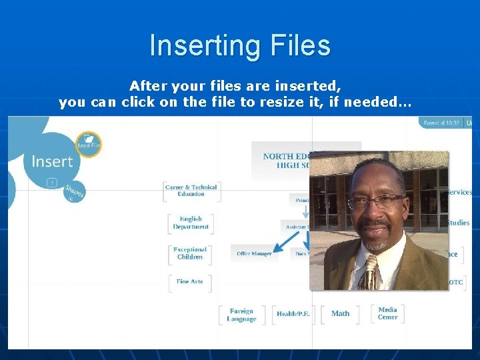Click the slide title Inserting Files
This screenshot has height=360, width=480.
pyautogui.click(x=240, y=45)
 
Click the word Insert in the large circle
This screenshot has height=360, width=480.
pyautogui.click(x=52, y=161)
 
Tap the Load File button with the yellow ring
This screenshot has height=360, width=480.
pyautogui.click(x=88, y=143)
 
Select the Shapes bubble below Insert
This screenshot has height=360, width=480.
pyautogui.click(x=74, y=192)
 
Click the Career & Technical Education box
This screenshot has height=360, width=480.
pyautogui.click(x=191, y=191)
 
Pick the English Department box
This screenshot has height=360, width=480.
pyautogui.click(x=191, y=223)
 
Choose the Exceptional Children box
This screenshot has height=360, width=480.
pyautogui.click(x=190, y=253)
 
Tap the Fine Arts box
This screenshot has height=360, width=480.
pyautogui.click(x=190, y=282)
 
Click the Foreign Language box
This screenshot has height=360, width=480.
pyautogui.click(x=241, y=315)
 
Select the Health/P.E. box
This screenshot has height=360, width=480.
pyautogui.click(x=293, y=314)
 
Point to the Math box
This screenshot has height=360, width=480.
pyautogui.click(x=340, y=313)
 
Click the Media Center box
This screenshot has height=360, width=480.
pyautogui.click(x=387, y=313)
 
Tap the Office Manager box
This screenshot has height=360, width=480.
pyautogui.click(x=254, y=254)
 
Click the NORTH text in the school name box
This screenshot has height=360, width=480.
pyautogui.click(x=278, y=156)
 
